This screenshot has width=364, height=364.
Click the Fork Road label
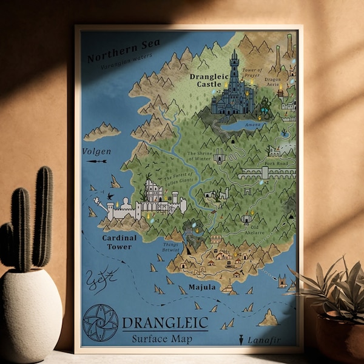coord(276,163)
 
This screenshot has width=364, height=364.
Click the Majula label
coord(202,286)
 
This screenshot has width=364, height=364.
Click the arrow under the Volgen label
coord(96,161)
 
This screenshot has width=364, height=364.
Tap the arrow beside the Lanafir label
coord(241,340)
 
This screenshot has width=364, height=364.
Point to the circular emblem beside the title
coord(100,322)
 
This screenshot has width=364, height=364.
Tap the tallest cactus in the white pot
coord(43,215)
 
